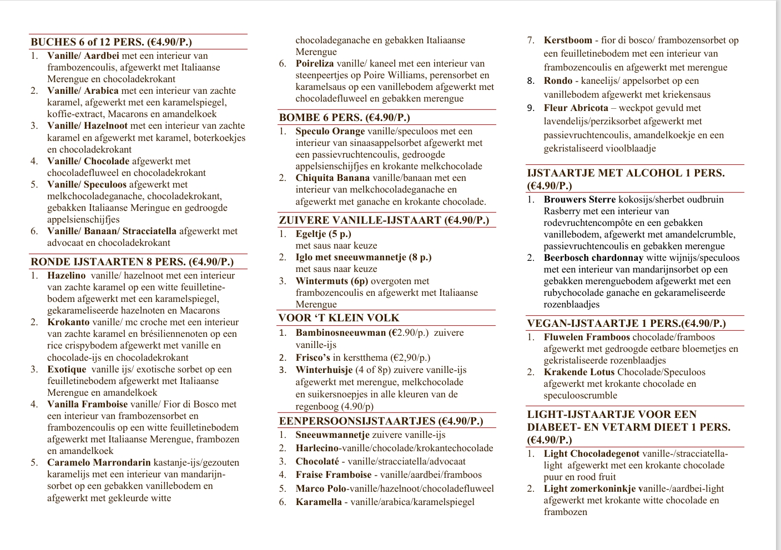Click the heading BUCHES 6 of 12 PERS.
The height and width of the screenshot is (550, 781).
click(x=111, y=42)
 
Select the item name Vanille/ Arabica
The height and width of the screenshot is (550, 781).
click(x=83, y=90)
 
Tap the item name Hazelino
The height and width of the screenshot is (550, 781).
click(x=67, y=275)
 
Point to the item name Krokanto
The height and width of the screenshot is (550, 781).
click(x=68, y=322)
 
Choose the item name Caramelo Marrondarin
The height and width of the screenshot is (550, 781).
click(x=99, y=462)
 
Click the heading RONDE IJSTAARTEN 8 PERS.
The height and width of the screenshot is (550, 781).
click(x=132, y=262)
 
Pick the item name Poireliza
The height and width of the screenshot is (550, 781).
click(x=315, y=63)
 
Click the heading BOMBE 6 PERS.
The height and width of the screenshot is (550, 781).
click(x=344, y=118)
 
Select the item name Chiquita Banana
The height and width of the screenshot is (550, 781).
click(x=332, y=178)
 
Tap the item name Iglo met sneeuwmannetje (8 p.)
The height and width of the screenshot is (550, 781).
click(x=363, y=257)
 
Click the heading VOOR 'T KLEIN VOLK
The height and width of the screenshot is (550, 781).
click(x=339, y=318)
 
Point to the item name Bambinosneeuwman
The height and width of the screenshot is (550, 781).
click(x=341, y=332)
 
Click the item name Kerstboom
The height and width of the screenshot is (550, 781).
click(x=568, y=40)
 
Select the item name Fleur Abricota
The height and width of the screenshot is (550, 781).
click(x=576, y=108)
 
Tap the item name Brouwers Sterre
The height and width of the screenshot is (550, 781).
click(x=580, y=199)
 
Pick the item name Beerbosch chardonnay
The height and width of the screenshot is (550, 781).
click(x=593, y=258)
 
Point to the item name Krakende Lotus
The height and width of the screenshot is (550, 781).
click(x=579, y=372)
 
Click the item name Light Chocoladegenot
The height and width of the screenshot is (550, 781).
click(x=591, y=453)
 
